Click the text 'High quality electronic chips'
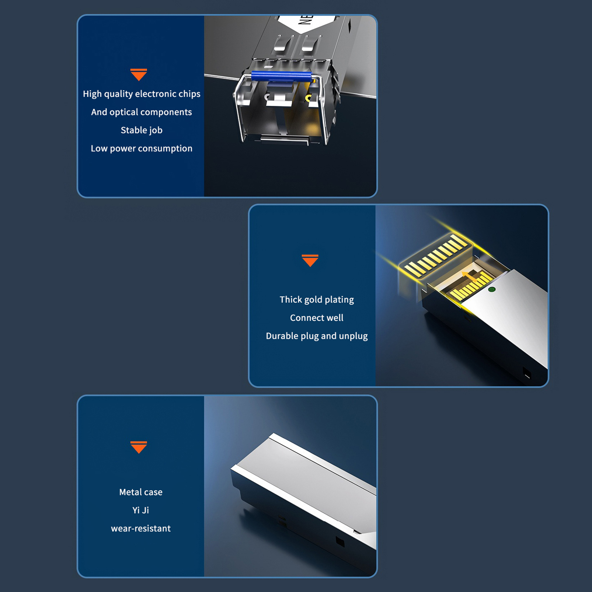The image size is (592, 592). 142,94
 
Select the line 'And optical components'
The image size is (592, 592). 142,112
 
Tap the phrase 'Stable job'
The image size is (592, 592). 142,130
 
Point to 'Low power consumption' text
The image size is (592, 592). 142,148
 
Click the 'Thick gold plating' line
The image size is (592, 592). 317,300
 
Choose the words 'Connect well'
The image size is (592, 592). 317,318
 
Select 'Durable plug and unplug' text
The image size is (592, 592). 317,336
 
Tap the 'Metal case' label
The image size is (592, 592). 141,492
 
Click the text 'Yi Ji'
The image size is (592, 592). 141,510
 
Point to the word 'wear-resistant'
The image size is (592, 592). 141,528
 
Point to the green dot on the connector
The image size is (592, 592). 492,289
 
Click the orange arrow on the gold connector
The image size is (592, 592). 470,276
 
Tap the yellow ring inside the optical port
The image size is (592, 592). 308,98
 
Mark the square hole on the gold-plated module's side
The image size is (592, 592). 527,373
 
